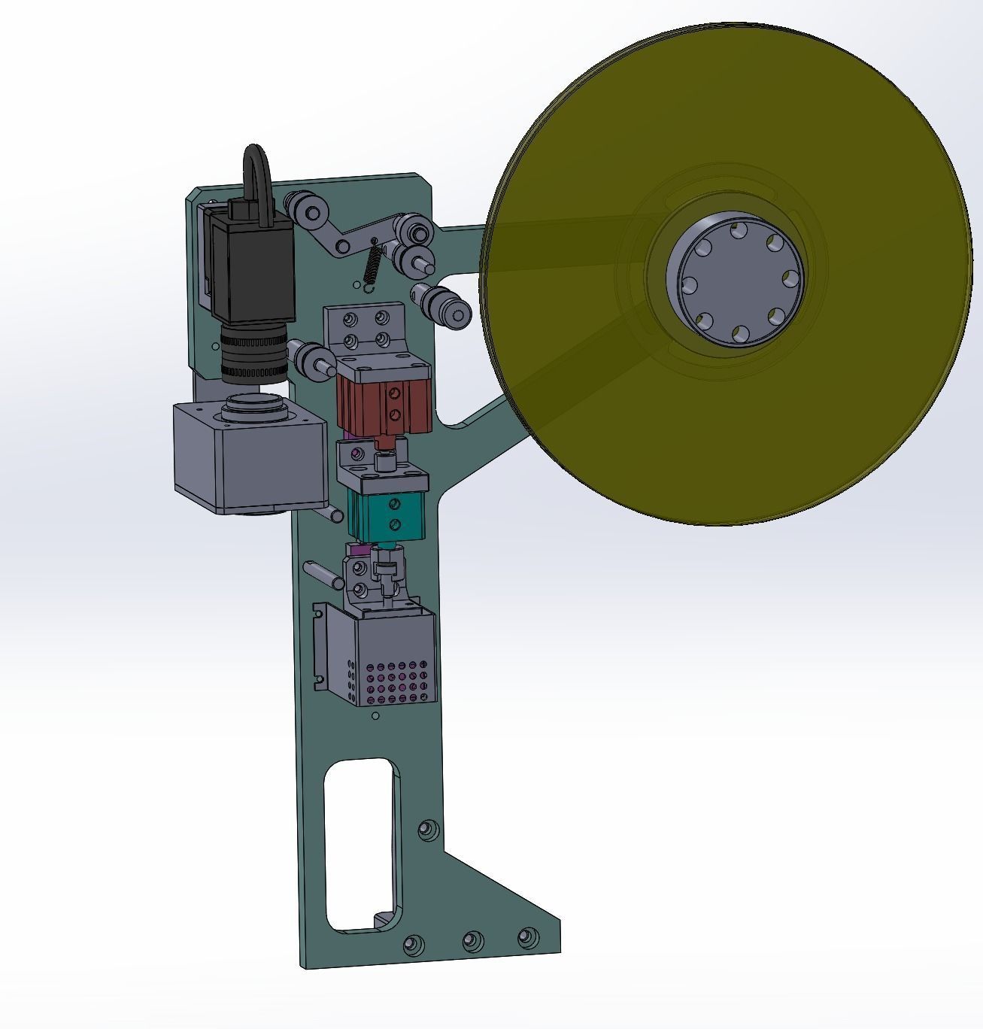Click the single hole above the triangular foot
(428, 830)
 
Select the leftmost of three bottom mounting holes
(413, 944)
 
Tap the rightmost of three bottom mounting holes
(528, 937)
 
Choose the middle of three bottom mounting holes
(472, 941)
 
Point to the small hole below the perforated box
(376, 716)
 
